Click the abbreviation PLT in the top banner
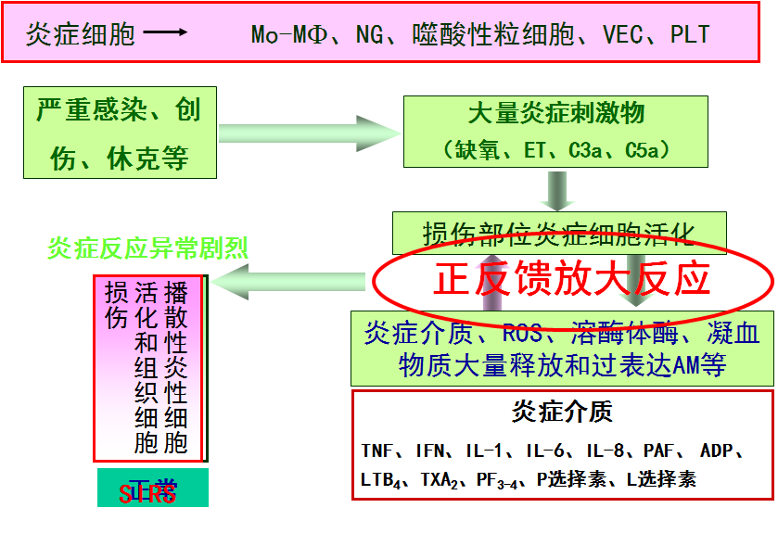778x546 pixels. (x=690, y=35)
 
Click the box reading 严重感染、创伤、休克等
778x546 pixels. (x=120, y=133)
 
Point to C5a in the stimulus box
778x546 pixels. (x=647, y=149)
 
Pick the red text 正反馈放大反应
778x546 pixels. (x=572, y=278)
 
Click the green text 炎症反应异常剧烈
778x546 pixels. (x=148, y=248)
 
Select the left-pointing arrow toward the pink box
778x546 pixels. (x=287, y=281)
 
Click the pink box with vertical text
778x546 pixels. (x=148, y=368)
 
